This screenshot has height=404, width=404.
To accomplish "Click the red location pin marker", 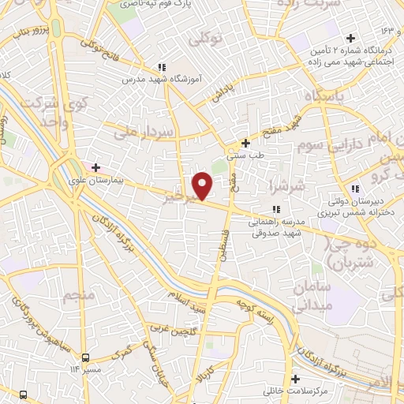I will point(203,185).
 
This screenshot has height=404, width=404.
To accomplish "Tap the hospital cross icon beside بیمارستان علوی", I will point(96,167).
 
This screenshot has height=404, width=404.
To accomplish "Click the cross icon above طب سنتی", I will point(246,144).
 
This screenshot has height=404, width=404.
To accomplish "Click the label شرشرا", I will point(286,187).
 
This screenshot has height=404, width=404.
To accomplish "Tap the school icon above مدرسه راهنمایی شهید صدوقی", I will point(276,209).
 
